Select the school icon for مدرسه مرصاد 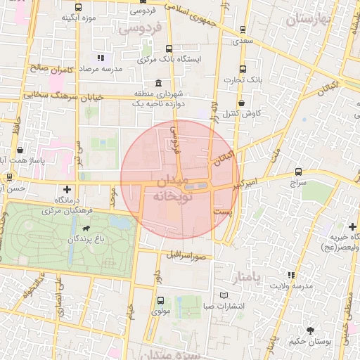[x=101, y=58]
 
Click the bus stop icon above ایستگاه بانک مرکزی [x=169, y=49]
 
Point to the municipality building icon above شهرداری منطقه [x=160, y=83]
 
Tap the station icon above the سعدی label [x=243, y=30]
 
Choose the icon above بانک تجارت [x=243, y=69]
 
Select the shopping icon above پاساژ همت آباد [x=20, y=150]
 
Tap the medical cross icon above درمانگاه [x=67, y=189]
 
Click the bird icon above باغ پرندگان [x=86, y=229]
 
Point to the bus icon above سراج [x=299, y=171]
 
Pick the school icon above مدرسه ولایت [x=290, y=275]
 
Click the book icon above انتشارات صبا [x=224, y=295]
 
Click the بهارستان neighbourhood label [x=309, y=19]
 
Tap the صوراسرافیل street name [x=186, y=255]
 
